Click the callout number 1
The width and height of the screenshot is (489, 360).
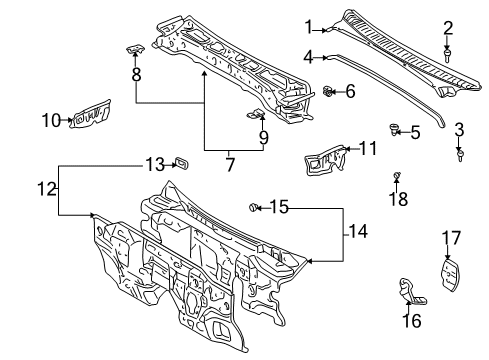309,27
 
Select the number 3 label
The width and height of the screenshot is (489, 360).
459,129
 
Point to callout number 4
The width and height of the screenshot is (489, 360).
309,57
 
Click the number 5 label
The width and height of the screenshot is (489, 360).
415,131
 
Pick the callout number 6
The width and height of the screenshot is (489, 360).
349,92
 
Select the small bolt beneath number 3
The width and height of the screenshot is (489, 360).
460,154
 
